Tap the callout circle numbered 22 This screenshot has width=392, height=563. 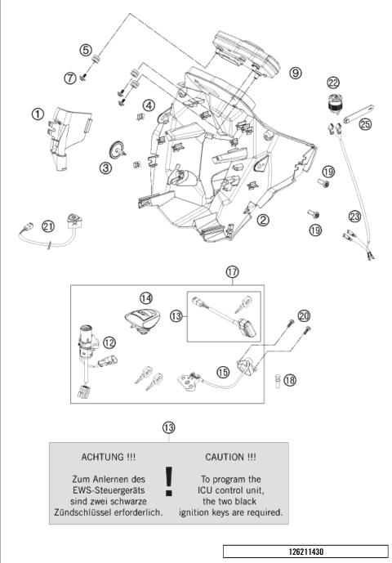(333, 83)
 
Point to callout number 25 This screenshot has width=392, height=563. (365, 123)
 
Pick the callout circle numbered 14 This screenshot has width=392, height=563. (145, 298)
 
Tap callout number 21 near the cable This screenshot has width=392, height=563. (26, 226)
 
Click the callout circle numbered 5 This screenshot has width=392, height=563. (85, 49)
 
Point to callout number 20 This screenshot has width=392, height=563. (305, 315)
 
